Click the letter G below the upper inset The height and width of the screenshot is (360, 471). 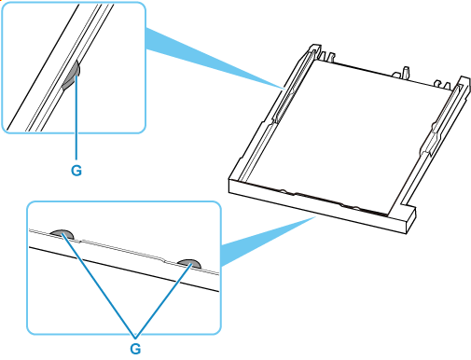(x=76, y=171)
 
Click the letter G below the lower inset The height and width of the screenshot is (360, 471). (x=135, y=349)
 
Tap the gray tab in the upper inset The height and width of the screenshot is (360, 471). (x=72, y=76)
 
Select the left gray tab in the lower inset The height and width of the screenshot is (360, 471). (x=62, y=234)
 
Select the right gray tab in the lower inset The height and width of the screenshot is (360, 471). (x=188, y=263)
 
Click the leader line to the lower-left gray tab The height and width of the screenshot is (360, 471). (x=99, y=285)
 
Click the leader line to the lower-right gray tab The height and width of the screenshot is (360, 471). (x=162, y=300)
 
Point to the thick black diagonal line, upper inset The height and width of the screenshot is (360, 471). (x=43, y=67)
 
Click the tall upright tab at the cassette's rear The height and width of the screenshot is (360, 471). (x=405, y=72)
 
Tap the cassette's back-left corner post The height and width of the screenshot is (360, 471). (x=314, y=49)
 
